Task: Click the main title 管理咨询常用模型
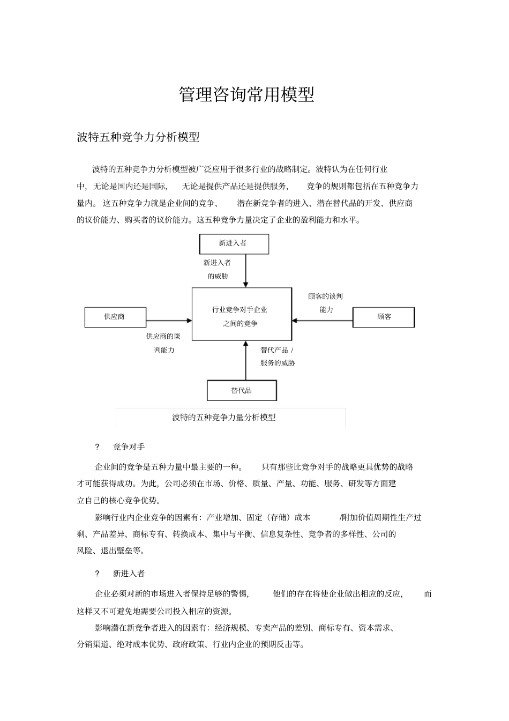[x=246, y=95]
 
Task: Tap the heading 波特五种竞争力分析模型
[x=138, y=137]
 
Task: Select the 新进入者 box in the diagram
[x=234, y=243]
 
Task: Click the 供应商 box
[x=115, y=317]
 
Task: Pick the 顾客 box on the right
[x=384, y=317]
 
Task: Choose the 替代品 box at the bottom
[x=242, y=390]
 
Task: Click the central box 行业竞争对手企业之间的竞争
[x=242, y=316]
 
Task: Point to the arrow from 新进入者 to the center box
[x=246, y=271]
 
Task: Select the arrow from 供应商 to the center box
[x=169, y=321]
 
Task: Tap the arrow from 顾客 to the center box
[x=321, y=321]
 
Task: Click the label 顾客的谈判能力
[x=326, y=303]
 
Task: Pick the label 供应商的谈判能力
[x=163, y=343]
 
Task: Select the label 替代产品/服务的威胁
[x=278, y=356]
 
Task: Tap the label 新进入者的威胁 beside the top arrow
[x=218, y=269]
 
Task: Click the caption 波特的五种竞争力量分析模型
[x=224, y=417]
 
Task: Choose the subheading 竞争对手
[x=129, y=447]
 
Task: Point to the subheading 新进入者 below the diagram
[x=129, y=574]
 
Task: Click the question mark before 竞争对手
[x=97, y=447]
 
